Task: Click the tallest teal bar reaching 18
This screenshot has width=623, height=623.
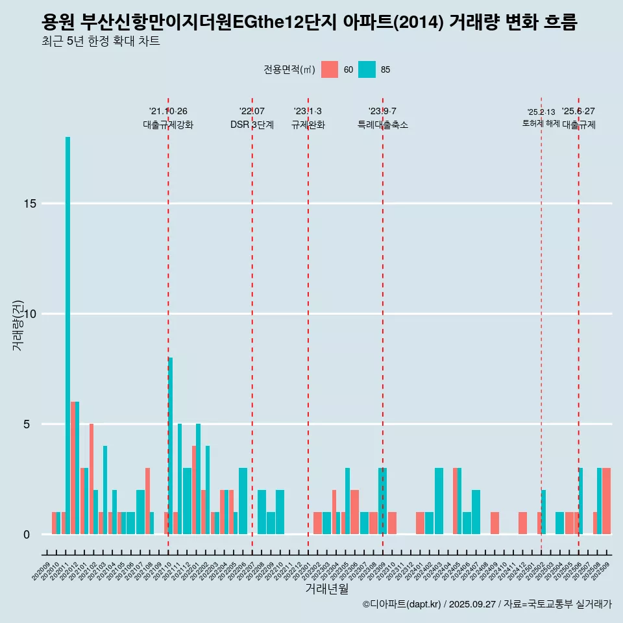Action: [67, 336]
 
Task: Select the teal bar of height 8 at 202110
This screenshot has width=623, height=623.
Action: [171, 446]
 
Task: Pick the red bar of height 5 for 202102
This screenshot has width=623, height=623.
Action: [92, 479]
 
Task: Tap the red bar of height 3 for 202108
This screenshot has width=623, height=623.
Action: [148, 501]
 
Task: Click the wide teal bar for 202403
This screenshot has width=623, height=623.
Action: [439, 501]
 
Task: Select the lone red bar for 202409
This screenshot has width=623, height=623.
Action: [495, 523]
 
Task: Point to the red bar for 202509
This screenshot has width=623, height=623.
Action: [606, 501]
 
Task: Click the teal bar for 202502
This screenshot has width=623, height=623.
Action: [544, 512]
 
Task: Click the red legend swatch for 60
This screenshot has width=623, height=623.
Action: [330, 69]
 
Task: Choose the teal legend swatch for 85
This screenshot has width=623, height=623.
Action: [367, 69]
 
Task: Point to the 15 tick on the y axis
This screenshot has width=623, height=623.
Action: [29, 204]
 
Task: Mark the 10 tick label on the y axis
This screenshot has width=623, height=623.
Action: [29, 314]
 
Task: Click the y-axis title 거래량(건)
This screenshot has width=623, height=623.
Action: [18, 324]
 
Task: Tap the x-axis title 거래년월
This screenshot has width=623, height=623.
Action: [327, 589]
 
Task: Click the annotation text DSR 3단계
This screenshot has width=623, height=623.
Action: [252, 125]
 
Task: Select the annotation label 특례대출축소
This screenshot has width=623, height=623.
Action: [383, 125]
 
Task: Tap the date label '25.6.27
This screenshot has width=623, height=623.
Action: [578, 112]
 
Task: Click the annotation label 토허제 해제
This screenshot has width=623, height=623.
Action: [541, 123]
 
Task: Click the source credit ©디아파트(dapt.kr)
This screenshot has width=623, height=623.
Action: [402, 604]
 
